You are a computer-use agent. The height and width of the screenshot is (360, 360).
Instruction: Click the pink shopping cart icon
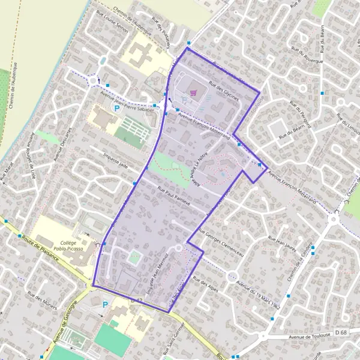(193, 92)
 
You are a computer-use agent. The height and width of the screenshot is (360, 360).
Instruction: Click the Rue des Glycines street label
(223, 92)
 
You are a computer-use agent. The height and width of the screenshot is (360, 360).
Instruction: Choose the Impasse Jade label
(116, 161)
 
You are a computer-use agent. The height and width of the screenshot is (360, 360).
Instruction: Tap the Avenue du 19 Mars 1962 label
(259, 289)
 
